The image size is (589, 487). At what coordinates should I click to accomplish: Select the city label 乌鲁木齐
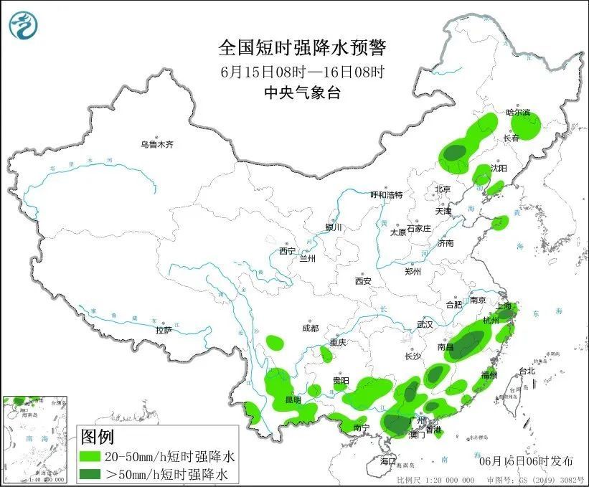[x=157, y=145]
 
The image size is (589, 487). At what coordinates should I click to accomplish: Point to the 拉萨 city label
[x=164, y=330]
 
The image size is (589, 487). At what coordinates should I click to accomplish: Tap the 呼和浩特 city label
[x=387, y=195]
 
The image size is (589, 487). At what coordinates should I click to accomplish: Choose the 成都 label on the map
[x=310, y=328]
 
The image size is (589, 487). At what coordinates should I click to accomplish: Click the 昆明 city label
[x=293, y=399]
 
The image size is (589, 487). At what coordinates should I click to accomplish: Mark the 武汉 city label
[x=425, y=324]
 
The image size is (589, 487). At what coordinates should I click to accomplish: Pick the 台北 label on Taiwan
[x=527, y=372]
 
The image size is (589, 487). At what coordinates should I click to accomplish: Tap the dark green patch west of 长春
[x=454, y=152]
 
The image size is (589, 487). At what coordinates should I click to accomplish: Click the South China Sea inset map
[x=36, y=439]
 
